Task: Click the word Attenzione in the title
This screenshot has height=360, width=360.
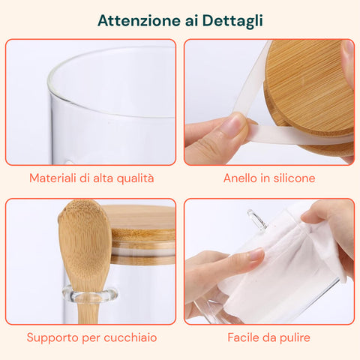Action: point(139,20)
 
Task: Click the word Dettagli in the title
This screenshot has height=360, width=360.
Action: point(232,21)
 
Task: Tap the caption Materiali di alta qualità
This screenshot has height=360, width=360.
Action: point(91,178)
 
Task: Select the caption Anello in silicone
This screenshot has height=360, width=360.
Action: point(269,178)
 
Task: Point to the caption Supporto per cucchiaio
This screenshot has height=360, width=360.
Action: point(91,337)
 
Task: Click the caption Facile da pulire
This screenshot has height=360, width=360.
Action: point(268,337)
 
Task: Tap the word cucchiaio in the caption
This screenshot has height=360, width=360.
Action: point(130,337)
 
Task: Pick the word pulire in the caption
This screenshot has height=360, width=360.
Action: point(295,338)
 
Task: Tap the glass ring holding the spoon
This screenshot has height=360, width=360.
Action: point(89,294)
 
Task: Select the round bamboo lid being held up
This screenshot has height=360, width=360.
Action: point(309,97)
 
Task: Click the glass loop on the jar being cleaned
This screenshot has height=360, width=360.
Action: point(257,220)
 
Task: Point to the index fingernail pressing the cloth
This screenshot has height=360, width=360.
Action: point(256,254)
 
